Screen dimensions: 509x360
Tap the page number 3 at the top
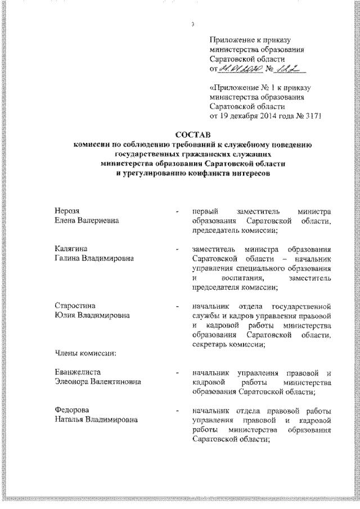coord(192,24)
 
